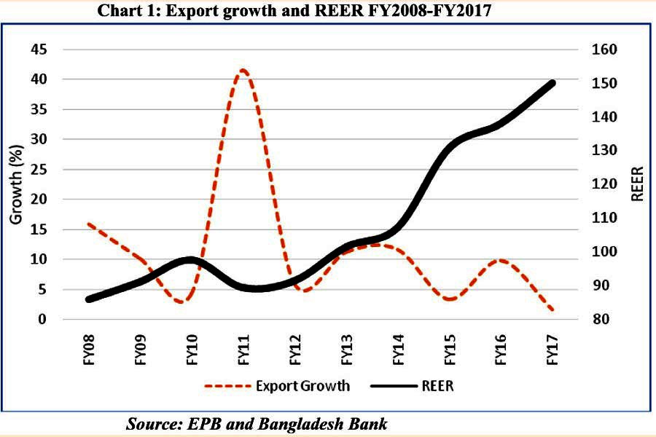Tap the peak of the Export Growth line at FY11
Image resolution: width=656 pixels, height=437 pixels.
click(x=243, y=71)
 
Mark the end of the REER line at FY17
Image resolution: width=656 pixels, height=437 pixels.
click(x=552, y=83)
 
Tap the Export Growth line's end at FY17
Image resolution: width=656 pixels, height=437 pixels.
click(x=552, y=310)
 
